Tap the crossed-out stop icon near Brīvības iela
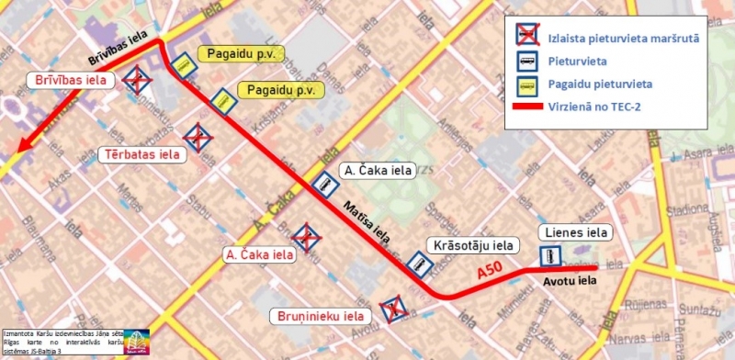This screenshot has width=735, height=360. click(138, 80)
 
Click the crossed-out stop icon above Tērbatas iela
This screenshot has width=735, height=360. click(198, 139)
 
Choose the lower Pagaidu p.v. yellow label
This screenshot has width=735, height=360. click(281, 91)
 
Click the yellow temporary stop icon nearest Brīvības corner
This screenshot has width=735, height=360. click(184, 63)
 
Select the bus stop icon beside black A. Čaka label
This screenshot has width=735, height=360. click(324, 186)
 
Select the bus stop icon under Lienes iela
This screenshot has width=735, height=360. click(550, 256)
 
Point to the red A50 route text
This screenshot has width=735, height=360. click(492, 273)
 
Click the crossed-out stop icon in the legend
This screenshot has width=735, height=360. click(527, 38)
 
